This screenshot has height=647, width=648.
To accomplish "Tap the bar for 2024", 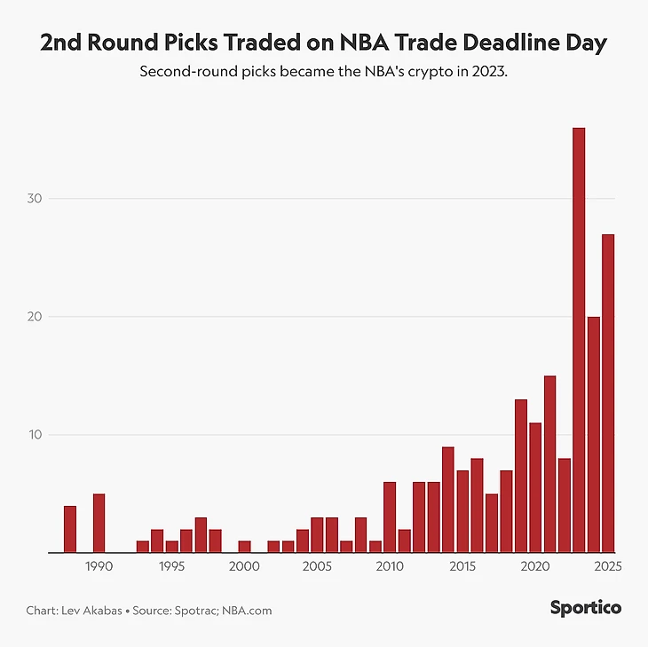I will (593, 435).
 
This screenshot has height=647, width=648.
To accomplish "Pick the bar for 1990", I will (99, 524).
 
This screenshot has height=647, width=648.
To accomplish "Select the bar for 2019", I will (521, 476).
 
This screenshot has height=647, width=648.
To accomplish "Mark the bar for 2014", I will (448, 500).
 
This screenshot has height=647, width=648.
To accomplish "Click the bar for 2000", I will (244, 547).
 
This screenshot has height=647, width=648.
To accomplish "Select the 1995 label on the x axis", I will (171, 565).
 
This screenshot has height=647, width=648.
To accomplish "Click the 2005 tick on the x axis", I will (317, 565).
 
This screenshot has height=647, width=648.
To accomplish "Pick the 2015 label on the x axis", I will (462, 565).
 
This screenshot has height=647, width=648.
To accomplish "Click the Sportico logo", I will (585, 608).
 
